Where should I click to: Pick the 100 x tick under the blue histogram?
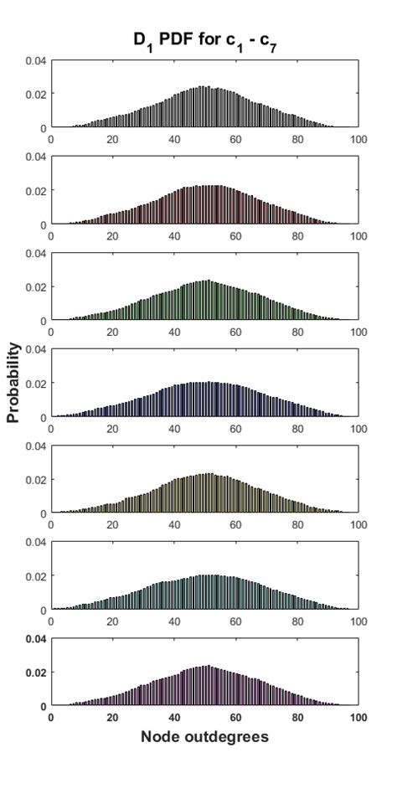(358, 429)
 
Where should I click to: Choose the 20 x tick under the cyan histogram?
(113, 621)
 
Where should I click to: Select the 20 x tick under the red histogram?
(113, 236)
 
